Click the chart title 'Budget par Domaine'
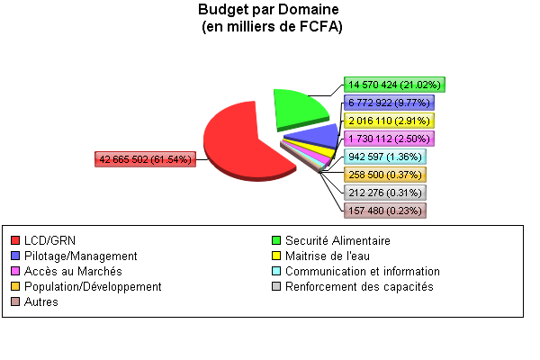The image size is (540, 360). click(x=270, y=10)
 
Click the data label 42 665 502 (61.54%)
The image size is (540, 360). click(x=145, y=159)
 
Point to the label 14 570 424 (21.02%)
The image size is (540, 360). click(x=395, y=85)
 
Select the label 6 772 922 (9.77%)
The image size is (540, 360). click(x=389, y=103)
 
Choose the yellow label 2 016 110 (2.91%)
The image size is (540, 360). click(x=389, y=121)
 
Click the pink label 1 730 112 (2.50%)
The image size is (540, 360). click(x=389, y=139)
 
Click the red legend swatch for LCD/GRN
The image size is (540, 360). click(x=15, y=241)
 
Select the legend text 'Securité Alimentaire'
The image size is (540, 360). click(x=337, y=241)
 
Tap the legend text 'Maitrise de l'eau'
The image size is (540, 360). click(x=329, y=256)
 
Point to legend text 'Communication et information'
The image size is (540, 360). click(x=362, y=272)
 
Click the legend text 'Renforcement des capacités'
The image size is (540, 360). click(x=359, y=287)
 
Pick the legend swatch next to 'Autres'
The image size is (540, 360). click(x=15, y=302)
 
